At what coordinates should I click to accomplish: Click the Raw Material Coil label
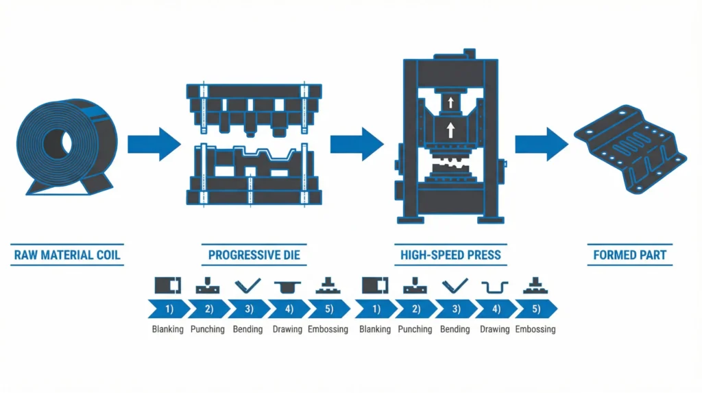(67, 256)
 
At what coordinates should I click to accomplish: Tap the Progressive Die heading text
(254, 256)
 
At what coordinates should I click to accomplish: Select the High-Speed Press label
(450, 256)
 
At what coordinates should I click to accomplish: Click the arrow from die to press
(355, 144)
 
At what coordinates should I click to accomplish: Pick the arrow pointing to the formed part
(542, 144)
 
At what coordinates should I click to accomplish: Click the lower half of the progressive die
(254, 175)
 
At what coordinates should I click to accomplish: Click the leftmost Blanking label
(168, 329)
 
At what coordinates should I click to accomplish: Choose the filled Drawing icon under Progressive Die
(287, 285)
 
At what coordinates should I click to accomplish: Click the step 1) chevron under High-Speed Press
(374, 309)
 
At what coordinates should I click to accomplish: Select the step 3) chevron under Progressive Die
(247, 309)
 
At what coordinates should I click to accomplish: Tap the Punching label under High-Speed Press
(414, 329)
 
